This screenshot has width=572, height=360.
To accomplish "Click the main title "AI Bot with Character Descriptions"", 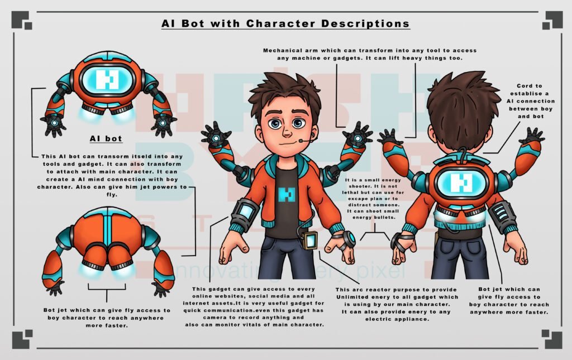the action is click(x=285, y=23).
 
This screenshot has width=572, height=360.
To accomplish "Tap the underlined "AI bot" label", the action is click(x=106, y=139).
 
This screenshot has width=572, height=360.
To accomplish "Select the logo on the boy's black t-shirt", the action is click(x=286, y=194).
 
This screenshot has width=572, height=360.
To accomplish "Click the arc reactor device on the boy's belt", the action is click(x=309, y=241).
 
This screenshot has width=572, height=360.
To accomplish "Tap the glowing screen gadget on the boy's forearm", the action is click(x=245, y=212).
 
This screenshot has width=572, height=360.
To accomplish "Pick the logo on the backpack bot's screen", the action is click(x=461, y=183).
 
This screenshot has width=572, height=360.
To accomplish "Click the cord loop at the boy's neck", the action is click(x=463, y=153).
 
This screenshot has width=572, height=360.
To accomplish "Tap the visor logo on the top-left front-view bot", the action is click(x=107, y=80).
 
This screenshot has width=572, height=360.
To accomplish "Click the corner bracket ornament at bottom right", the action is click(x=552, y=339).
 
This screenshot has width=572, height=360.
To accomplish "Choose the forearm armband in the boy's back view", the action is click(x=502, y=215).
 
